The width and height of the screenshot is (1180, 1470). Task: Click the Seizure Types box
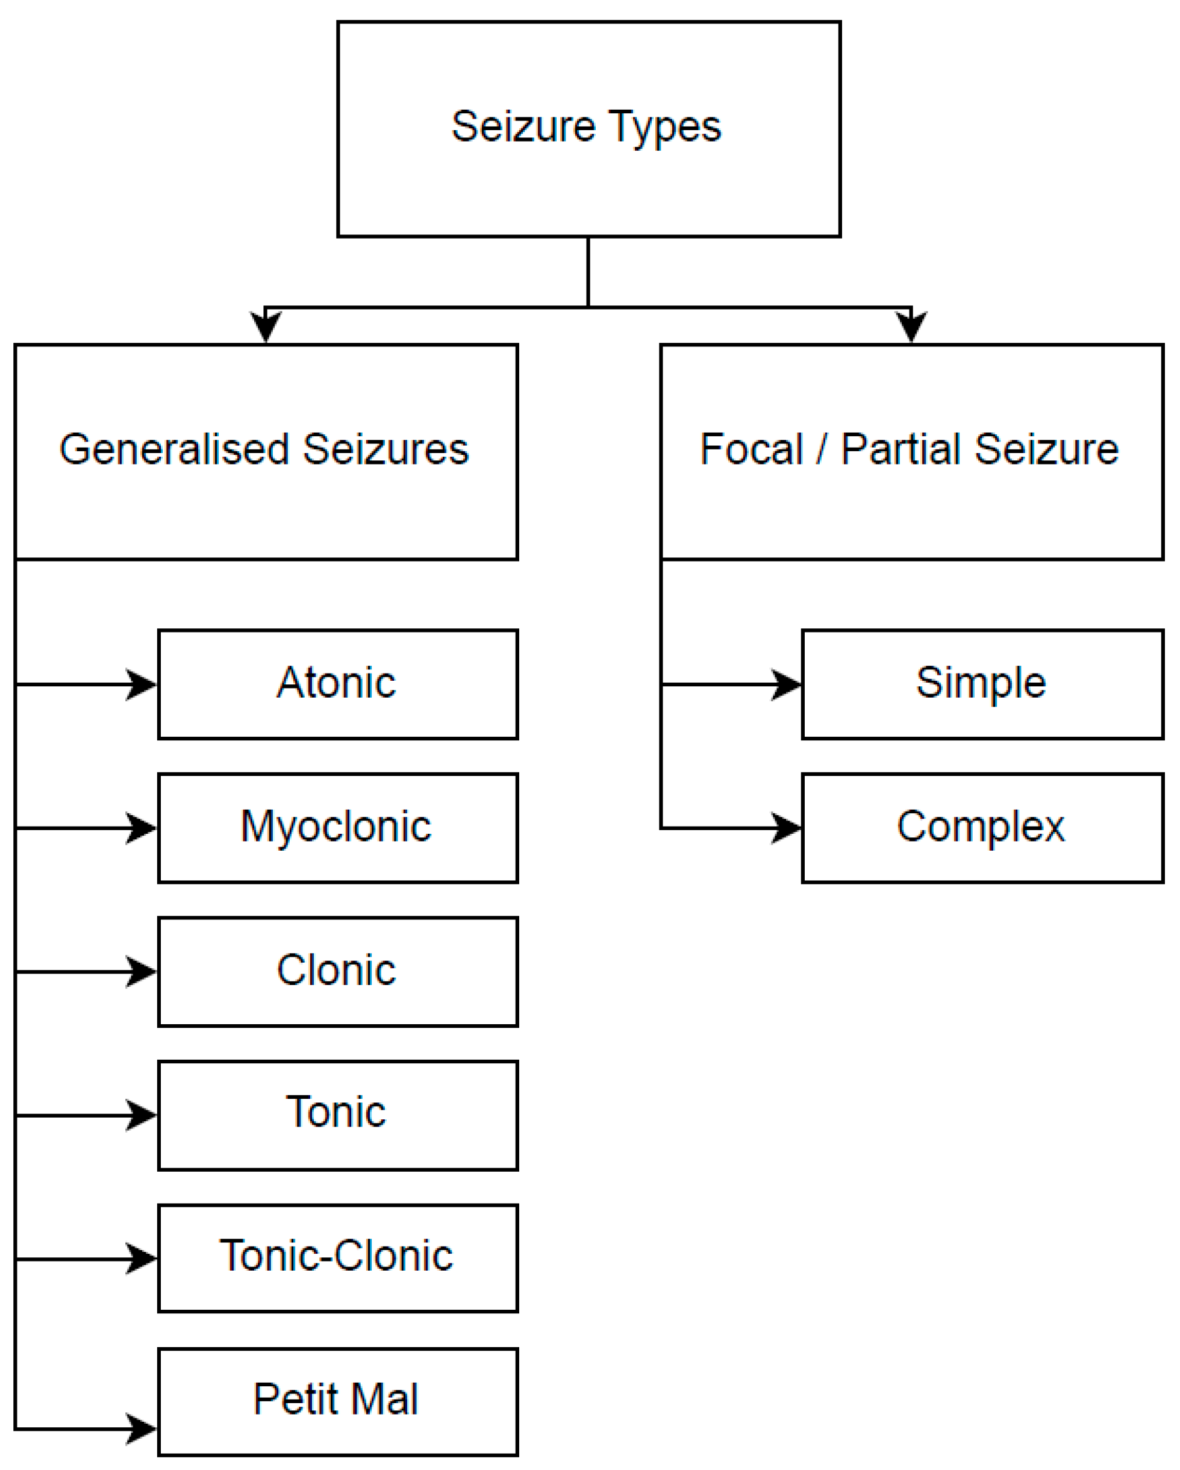[588, 129]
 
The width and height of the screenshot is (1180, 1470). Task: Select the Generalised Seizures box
[266, 451]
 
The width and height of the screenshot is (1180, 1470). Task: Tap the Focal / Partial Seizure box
[911, 451]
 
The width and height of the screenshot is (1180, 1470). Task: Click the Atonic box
[337, 684]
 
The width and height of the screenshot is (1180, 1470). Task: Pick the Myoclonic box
[337, 828]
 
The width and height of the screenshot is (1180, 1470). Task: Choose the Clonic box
[337, 971]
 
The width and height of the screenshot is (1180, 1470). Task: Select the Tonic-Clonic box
[337, 1258]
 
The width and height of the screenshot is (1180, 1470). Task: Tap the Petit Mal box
[337, 1402]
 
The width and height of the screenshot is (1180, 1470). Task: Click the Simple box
[982, 684]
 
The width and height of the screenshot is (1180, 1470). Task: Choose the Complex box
[982, 828]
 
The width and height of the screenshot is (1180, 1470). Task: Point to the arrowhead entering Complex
[787, 828]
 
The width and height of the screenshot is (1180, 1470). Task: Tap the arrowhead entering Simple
[787, 684]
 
